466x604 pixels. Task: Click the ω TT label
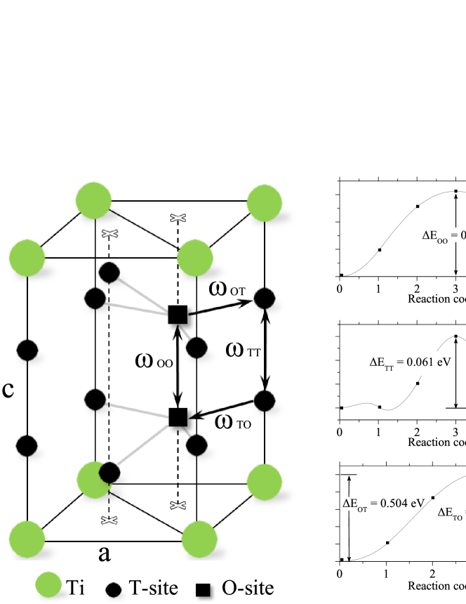pyautogui.click(x=243, y=349)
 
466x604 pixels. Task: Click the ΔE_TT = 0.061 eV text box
pyautogui.click(x=407, y=364)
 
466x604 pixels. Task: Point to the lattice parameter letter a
pyautogui.click(x=104, y=553)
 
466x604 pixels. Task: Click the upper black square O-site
pyautogui.click(x=178, y=314)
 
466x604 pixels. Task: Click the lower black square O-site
pyautogui.click(x=178, y=416)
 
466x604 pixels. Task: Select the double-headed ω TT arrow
pyautogui.click(x=265, y=349)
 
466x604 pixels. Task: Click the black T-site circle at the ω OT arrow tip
pyautogui.click(x=264, y=298)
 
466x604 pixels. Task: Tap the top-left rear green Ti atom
pyautogui.click(x=94, y=199)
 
